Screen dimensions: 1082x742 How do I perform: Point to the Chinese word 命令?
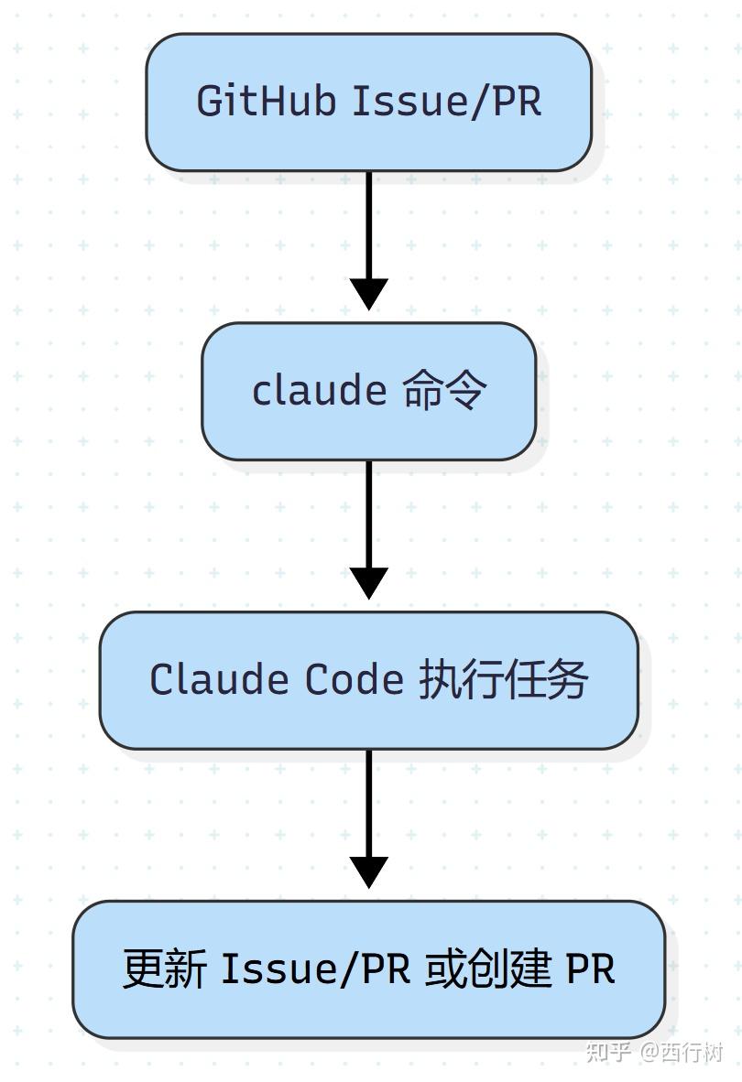click(443, 391)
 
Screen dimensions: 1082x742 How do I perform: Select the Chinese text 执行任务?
click(503, 680)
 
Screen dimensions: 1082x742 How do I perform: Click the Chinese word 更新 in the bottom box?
click(165, 968)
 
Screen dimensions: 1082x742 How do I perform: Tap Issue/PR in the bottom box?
click(315, 968)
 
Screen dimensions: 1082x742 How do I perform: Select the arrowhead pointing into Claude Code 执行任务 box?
click(369, 583)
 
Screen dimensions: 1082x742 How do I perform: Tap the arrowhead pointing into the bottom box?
click(369, 872)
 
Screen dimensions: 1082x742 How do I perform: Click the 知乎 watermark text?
click(607, 1051)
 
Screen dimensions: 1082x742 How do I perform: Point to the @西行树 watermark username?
click(682, 1051)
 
